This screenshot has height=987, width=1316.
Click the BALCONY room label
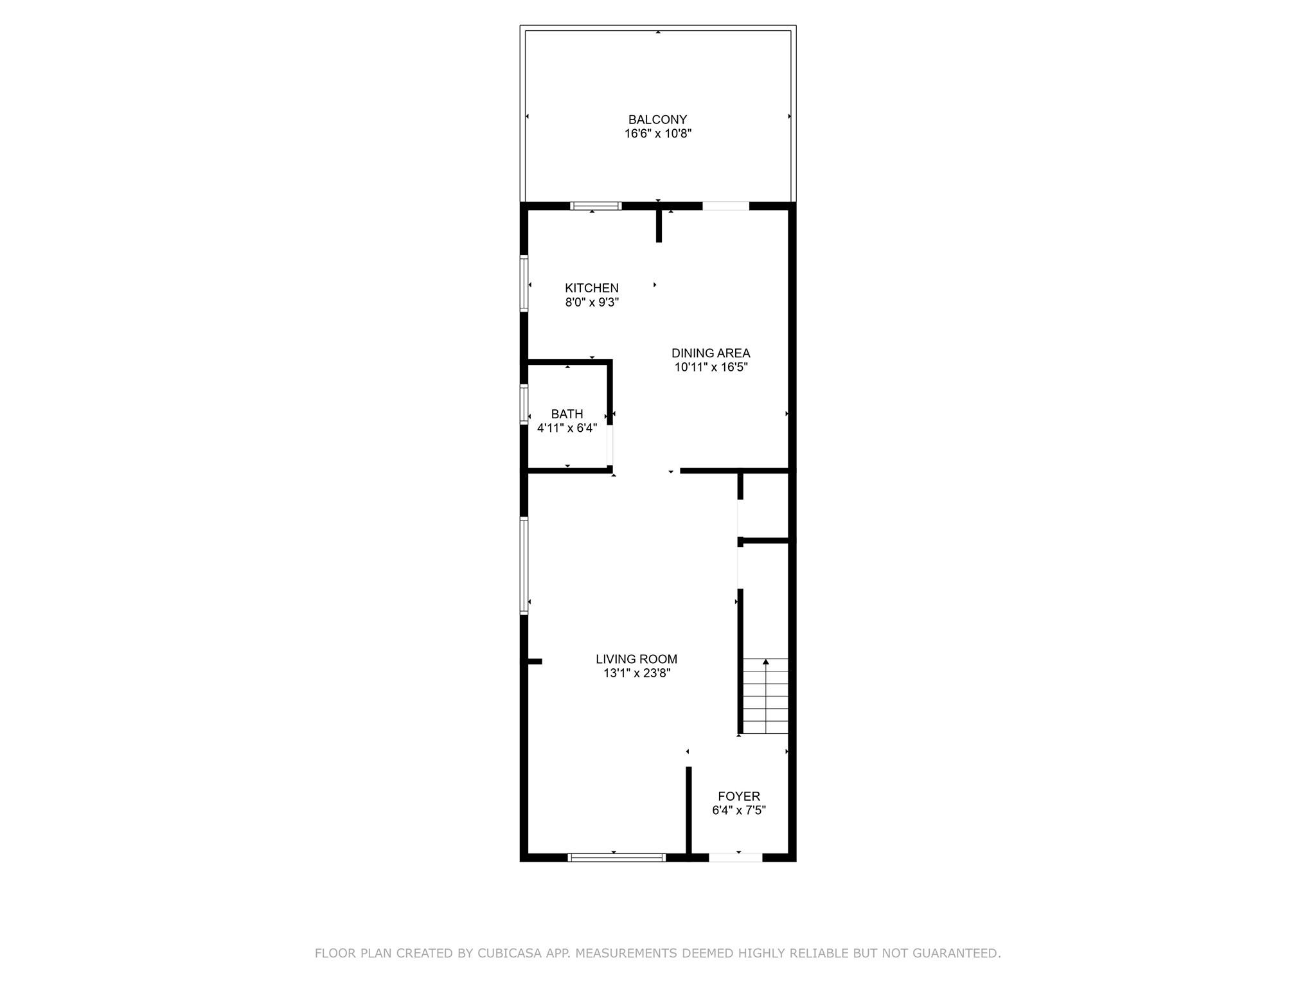[x=657, y=120]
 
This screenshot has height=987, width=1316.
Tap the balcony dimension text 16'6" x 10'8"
[x=657, y=134]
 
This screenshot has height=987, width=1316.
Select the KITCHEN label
[x=592, y=288]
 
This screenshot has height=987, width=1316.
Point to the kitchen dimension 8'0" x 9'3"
[x=592, y=302]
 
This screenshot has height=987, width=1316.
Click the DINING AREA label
[x=711, y=353]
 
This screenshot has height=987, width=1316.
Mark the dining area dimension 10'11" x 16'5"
[x=711, y=367]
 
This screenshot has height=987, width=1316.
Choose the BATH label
[x=567, y=414]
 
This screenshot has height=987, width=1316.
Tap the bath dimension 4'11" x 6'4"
[x=567, y=428]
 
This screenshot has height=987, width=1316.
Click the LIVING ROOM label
[x=636, y=659]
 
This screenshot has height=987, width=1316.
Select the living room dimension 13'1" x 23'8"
[x=636, y=673]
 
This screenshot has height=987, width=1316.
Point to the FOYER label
[x=739, y=796]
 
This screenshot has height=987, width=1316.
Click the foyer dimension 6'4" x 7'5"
[x=739, y=810]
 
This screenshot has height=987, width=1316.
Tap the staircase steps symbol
[x=765, y=700]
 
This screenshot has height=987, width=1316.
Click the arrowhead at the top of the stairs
[x=765, y=661]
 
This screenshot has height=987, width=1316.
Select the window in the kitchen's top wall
[x=596, y=206]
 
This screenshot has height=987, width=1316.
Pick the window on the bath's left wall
[x=524, y=404]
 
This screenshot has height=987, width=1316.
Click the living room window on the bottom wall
[x=617, y=857]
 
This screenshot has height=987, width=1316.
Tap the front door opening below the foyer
[x=735, y=857]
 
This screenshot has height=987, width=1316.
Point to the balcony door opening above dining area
[x=725, y=206]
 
